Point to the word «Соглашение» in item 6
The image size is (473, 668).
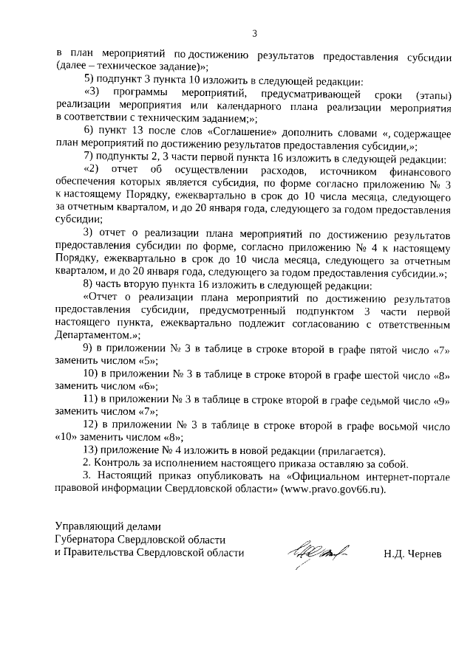(x=239, y=131)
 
